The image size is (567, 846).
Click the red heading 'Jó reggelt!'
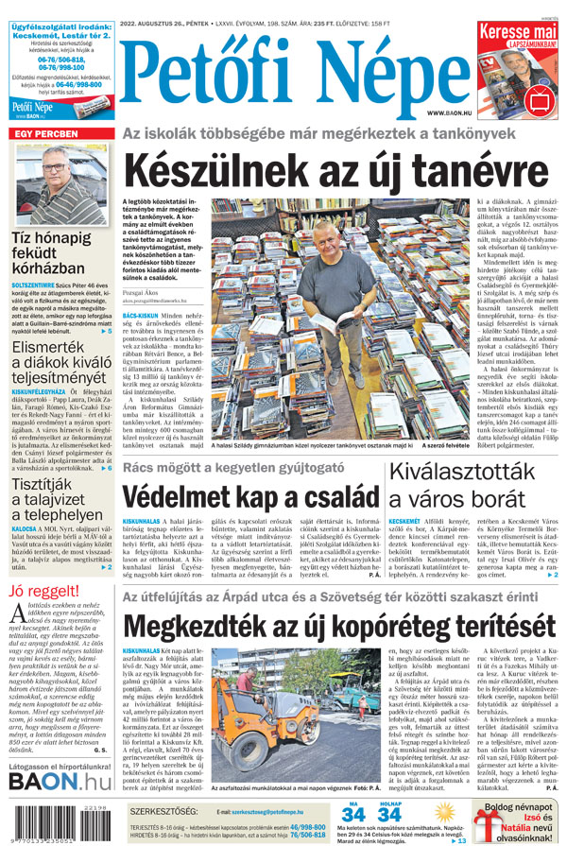[43, 592]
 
